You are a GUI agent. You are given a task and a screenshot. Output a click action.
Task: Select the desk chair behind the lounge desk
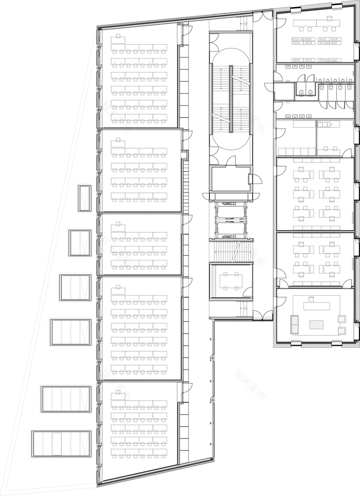pyautogui.click(x=312, y=299)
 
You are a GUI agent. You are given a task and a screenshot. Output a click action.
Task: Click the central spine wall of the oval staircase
pyautogui.click(x=231, y=99)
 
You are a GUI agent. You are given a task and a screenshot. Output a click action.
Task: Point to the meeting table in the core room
pyautogui.click(x=231, y=281)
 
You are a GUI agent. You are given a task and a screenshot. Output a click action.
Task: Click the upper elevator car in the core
pyautogui.click(x=231, y=203)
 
